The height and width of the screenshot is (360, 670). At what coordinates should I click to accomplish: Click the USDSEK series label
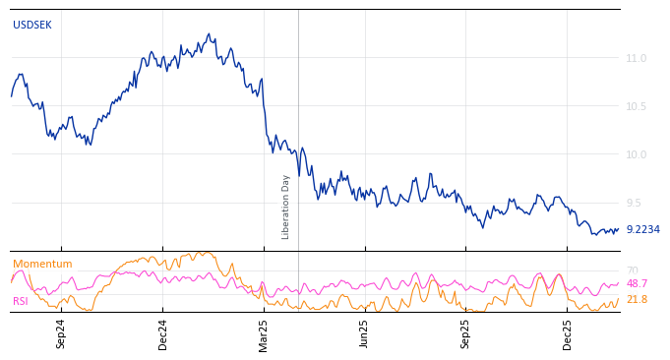pyautogui.click(x=32, y=25)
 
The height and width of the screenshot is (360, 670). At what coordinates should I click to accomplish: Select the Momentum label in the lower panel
pyautogui.click(x=42, y=264)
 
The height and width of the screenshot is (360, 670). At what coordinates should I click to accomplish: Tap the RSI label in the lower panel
pyautogui.click(x=20, y=301)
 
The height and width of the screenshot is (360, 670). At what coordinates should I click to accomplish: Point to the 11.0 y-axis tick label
pyautogui.click(x=637, y=58)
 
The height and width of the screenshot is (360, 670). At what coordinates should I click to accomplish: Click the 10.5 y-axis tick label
pyautogui.click(x=637, y=106)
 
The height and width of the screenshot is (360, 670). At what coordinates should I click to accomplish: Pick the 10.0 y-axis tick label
pyautogui.click(x=637, y=154)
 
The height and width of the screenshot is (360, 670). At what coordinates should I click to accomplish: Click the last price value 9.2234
pyautogui.click(x=642, y=229)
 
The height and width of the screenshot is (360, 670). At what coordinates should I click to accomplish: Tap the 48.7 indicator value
pyautogui.click(x=637, y=283)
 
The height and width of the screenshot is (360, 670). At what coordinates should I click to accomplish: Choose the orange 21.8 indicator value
pyautogui.click(x=637, y=299)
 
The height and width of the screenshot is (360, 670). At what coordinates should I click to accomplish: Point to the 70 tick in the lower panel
pyautogui.click(x=632, y=270)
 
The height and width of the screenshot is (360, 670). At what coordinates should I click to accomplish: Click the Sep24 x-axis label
pyautogui.click(x=61, y=333)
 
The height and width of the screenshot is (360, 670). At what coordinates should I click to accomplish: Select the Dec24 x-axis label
pyautogui.click(x=163, y=333)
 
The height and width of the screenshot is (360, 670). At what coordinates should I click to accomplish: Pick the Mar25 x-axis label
pyautogui.click(x=264, y=333)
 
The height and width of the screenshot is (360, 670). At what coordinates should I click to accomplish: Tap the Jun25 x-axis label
pyautogui.click(x=365, y=333)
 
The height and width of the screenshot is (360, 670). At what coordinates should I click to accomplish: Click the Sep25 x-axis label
pyautogui.click(x=466, y=333)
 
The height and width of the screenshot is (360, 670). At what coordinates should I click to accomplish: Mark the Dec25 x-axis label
pyautogui.click(x=568, y=333)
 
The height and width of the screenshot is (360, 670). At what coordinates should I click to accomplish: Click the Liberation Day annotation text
pyautogui.click(x=286, y=207)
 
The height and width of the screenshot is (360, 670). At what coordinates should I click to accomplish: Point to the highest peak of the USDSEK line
pyautogui.click(x=209, y=34)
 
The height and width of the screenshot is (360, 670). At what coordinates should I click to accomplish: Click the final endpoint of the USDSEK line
pyautogui.click(x=619, y=229)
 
